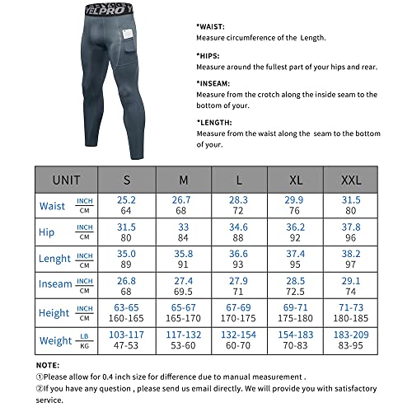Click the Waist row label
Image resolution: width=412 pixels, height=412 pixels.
(51, 205)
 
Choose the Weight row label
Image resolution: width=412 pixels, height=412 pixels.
(54, 339)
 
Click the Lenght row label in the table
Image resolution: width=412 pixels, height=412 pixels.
(54, 258)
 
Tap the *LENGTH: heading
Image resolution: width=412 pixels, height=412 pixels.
(213, 122)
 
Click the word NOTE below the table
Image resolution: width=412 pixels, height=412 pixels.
(48, 363)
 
